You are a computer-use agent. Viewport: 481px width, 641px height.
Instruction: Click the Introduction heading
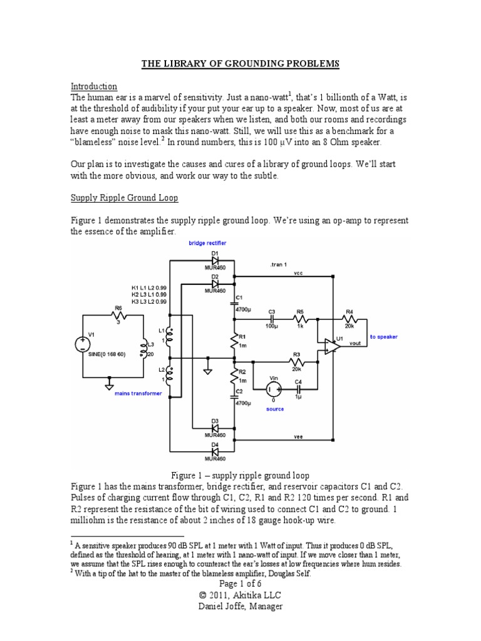click(93, 86)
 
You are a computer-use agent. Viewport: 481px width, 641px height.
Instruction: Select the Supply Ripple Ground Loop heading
click(124, 198)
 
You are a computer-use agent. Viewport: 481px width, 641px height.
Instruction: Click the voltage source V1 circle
click(82, 343)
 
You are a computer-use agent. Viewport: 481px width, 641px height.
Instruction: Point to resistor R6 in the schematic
click(118, 315)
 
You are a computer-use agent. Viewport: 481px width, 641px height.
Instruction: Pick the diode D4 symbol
click(215, 451)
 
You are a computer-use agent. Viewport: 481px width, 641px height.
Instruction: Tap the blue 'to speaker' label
click(384, 337)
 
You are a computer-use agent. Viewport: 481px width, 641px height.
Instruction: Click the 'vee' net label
click(297, 436)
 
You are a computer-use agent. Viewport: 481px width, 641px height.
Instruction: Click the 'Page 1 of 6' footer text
click(240, 584)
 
